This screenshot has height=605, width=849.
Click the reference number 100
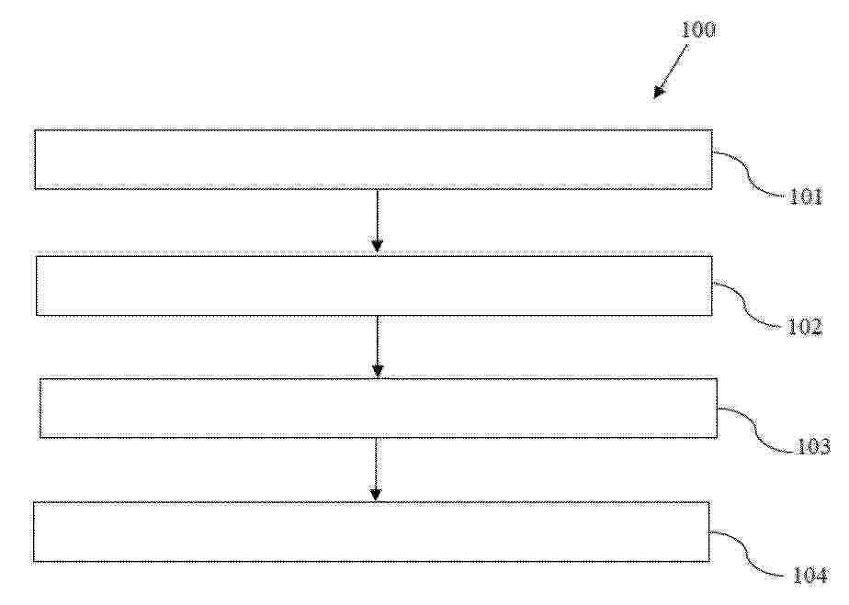tap(697, 29)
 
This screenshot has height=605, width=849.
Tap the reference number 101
tap(806, 196)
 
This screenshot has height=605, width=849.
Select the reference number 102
tap(804, 327)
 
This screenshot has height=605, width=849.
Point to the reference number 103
tap(813, 446)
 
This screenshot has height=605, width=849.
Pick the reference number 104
tap(810, 575)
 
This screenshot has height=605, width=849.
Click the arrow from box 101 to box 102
tap(378, 220)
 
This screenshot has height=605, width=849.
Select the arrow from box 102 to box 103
tap(378, 346)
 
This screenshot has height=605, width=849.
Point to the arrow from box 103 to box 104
tap(376, 469)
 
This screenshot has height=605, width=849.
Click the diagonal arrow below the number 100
tap(671, 72)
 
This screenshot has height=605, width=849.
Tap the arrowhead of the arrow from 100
tap(659, 92)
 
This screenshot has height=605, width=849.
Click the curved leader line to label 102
tap(750, 304)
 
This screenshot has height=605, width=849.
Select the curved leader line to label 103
tap(757, 429)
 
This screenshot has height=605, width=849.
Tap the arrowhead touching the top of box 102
tap(378, 246)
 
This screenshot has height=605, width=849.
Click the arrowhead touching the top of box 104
tap(376, 495)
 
